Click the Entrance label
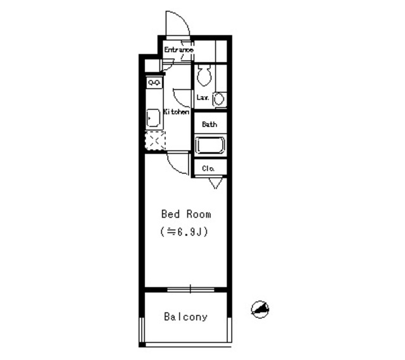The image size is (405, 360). pos(179,50)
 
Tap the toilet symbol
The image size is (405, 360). pos(204,77)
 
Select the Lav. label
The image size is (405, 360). pos(203,97)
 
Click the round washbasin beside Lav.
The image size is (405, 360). pos(218,99)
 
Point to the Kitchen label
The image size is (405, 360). pos(177,112)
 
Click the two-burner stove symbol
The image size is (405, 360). pos(154,82)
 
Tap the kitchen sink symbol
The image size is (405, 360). pos(153,118)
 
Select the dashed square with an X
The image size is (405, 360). pos(155,140)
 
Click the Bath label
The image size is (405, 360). pos(209,125)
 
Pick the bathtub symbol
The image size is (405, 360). pos(209,146)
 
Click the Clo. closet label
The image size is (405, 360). pos(209,168)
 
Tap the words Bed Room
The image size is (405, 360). pos(186,214)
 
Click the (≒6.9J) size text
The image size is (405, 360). pos(185,232)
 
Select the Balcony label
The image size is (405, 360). pos(185,317)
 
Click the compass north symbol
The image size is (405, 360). pos(260,309)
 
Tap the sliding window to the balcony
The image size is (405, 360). pos(190,289)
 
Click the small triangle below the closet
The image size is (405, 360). pos(214,183)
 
